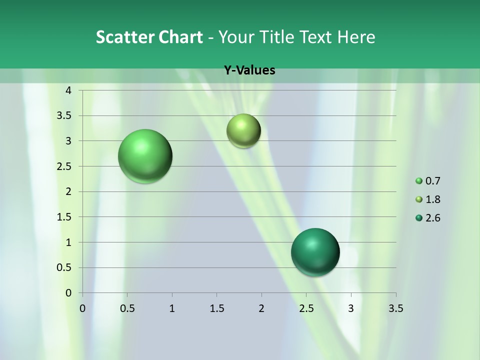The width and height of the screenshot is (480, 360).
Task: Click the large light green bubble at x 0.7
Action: [145, 156]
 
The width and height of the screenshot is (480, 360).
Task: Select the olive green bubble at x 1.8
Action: [243, 130]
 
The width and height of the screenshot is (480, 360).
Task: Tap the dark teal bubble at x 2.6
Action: [315, 252]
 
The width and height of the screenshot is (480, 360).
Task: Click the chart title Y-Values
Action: [249, 70]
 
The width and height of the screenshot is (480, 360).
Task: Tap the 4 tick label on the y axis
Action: [68, 90]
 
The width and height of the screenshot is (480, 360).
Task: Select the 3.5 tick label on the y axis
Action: [65, 115]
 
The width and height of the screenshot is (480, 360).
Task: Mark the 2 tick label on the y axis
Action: [68, 191]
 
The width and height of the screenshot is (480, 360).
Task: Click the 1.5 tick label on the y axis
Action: [65, 217]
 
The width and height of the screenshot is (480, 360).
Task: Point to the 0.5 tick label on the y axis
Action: [65, 267]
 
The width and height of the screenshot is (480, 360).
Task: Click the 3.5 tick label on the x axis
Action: [395, 308]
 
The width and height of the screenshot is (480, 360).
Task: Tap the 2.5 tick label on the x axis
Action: [306, 308]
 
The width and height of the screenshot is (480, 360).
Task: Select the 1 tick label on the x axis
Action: [172, 308]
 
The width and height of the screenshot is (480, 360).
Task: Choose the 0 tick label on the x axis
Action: [82, 308]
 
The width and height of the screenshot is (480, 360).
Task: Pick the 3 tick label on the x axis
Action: [351, 308]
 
